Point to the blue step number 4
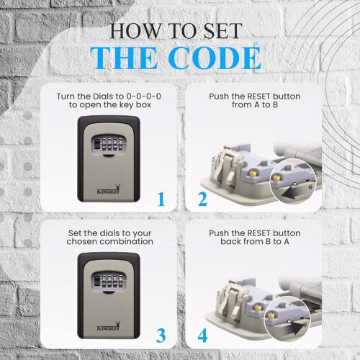203,335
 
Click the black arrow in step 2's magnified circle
289,192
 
